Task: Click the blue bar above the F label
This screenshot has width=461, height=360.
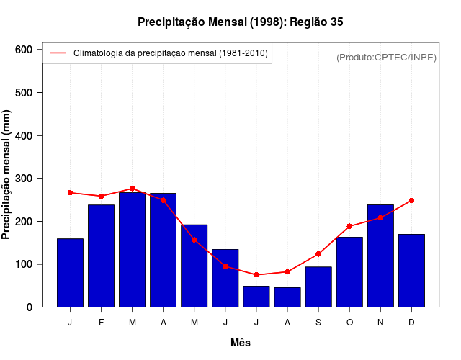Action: [x=101, y=256]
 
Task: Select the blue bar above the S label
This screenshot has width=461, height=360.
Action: [x=318, y=287]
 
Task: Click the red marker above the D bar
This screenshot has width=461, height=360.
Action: [x=411, y=200]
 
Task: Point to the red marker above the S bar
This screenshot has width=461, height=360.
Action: [x=318, y=254]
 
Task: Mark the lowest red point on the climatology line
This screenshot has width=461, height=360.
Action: [x=256, y=275]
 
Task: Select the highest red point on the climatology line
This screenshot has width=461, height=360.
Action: [x=132, y=189]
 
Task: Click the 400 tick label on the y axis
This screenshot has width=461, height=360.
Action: [x=24, y=135]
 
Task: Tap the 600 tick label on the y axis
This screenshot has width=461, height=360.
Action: [x=24, y=50]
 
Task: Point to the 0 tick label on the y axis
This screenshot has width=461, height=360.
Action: [x=29, y=307]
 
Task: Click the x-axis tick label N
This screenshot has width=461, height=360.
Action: [x=380, y=323]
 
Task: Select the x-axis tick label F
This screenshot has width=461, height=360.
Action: [x=101, y=323]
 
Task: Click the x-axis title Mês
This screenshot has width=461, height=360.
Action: [x=241, y=343]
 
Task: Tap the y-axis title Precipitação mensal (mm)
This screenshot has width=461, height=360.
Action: [x=7, y=174]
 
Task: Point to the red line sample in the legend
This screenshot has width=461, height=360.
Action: [x=58, y=53]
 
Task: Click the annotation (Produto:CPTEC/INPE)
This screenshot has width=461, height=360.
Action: [x=387, y=58]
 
